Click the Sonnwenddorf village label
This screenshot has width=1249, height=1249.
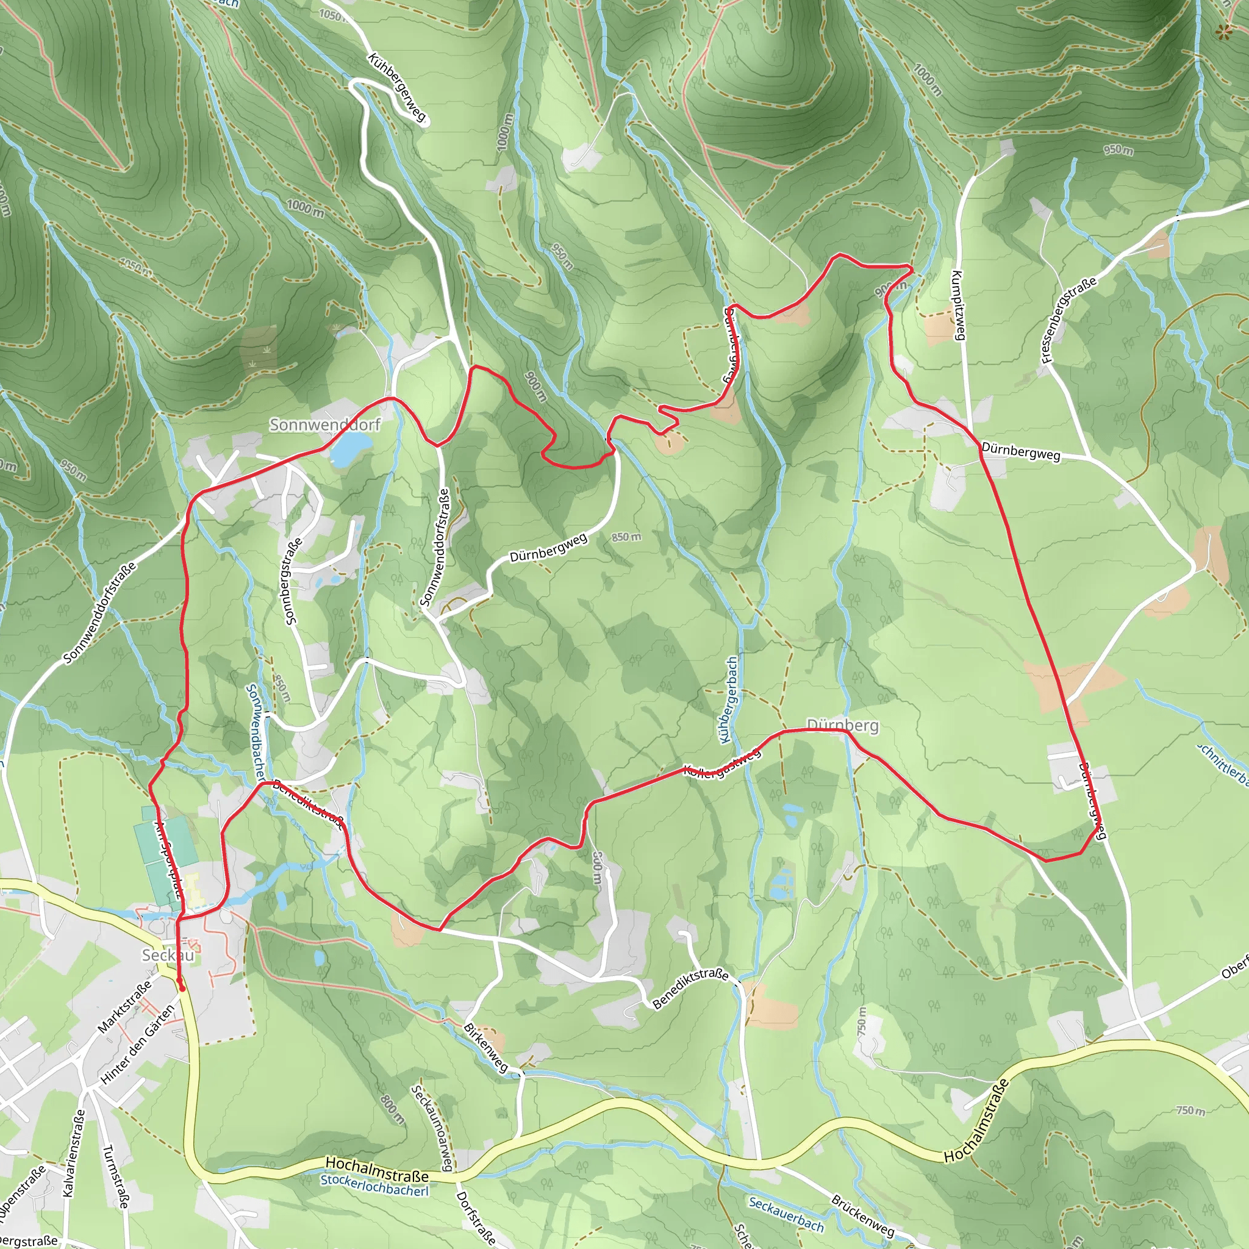pyautogui.click(x=324, y=424)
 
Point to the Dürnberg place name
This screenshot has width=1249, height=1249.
pyautogui.click(x=842, y=725)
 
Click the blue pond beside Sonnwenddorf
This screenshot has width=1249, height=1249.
pyautogui.click(x=351, y=445)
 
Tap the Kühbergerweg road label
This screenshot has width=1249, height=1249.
pyautogui.click(x=397, y=87)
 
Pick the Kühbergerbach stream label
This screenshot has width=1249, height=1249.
pyautogui.click(x=729, y=699)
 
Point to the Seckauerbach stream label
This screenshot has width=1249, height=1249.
pyautogui.click(x=786, y=1214)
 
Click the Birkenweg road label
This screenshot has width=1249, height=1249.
pyautogui.click(x=486, y=1047)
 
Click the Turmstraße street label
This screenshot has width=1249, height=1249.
pyautogui.click(x=115, y=1176)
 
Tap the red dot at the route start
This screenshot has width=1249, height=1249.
pyautogui.click(x=182, y=988)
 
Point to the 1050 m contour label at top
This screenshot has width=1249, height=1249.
pyautogui.click(x=332, y=15)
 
